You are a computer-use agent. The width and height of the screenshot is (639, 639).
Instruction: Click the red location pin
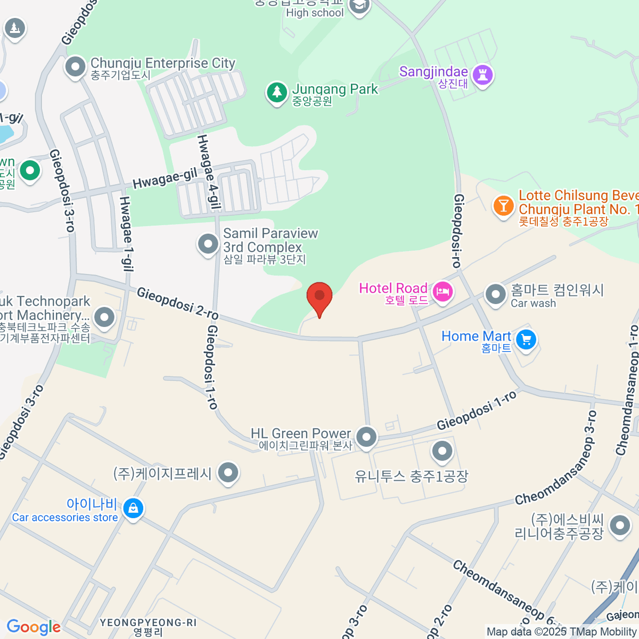(x=319, y=297)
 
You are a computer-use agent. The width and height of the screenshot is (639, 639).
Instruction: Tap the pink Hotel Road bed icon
(x=443, y=291)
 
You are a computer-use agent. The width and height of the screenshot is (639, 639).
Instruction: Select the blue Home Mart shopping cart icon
(x=526, y=339)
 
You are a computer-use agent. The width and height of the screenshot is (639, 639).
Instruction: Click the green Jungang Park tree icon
(x=276, y=93)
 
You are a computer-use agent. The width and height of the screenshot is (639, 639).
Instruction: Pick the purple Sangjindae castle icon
(x=482, y=75)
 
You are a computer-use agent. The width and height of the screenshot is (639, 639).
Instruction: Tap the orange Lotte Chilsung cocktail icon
(x=503, y=205)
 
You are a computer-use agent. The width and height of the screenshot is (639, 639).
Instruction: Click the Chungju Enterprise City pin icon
(x=75, y=67)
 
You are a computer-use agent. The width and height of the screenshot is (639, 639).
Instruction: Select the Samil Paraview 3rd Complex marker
(x=208, y=244)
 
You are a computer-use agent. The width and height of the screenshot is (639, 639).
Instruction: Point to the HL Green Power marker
(x=366, y=437)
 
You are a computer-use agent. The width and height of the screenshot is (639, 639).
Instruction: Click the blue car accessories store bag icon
(x=133, y=509)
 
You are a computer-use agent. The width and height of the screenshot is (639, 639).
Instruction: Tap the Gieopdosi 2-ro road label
(x=178, y=304)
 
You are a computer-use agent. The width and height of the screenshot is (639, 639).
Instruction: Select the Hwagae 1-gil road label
(x=126, y=234)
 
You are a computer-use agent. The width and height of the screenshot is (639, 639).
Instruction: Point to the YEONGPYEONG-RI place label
(x=148, y=622)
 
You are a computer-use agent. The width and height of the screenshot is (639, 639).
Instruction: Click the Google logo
(x=34, y=627)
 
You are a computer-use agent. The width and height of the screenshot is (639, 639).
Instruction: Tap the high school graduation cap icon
(x=359, y=6)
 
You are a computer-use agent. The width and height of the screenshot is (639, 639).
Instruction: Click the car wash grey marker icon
(x=495, y=294)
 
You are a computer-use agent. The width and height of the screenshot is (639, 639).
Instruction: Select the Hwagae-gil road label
(x=165, y=178)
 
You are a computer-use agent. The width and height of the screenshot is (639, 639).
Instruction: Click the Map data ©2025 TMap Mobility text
(x=562, y=632)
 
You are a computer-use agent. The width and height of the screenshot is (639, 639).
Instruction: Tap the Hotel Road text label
(x=393, y=288)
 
